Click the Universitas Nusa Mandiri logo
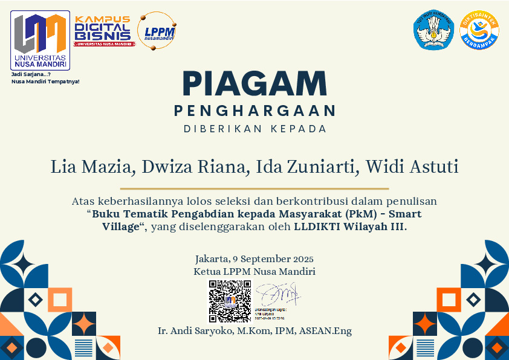coord(40,40)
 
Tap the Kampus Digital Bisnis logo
coord(102,30)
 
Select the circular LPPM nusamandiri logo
coord(157,30)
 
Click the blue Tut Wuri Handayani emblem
coord(433,30)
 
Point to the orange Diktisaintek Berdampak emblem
coord(479,30)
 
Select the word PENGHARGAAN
coord(254,111)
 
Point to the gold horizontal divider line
coord(254,188)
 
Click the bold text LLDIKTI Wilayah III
coord(349,227)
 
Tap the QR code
coord(230,301)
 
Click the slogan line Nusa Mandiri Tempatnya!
coord(45,81)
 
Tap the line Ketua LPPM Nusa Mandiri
coord(254,272)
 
